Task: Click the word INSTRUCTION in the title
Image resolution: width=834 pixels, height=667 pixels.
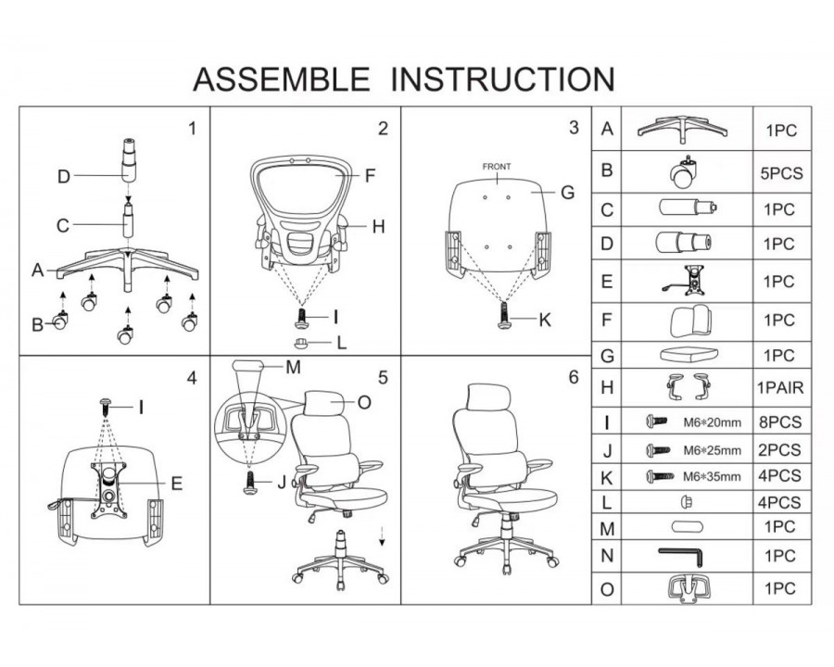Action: (x=502, y=80)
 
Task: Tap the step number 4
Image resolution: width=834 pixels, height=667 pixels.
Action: (x=191, y=378)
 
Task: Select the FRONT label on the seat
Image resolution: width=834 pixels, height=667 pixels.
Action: (x=497, y=167)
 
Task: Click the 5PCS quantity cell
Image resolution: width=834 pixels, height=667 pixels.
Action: (x=781, y=172)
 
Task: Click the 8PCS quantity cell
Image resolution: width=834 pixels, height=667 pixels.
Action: (x=781, y=423)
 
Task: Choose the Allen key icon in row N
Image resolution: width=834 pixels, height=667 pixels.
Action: (x=682, y=556)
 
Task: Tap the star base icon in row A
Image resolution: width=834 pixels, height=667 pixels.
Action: (x=682, y=129)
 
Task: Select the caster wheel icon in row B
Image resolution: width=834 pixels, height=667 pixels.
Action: (x=682, y=170)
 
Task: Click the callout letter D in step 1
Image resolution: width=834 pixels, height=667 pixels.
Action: (x=63, y=177)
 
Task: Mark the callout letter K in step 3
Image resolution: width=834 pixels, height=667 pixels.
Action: (x=545, y=321)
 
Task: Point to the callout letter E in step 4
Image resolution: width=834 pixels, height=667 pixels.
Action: (x=176, y=483)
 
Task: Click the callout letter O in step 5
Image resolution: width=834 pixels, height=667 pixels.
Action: (x=363, y=401)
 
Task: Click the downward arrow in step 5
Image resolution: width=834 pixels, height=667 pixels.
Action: (x=382, y=539)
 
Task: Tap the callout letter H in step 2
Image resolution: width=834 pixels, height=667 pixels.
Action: (x=378, y=226)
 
